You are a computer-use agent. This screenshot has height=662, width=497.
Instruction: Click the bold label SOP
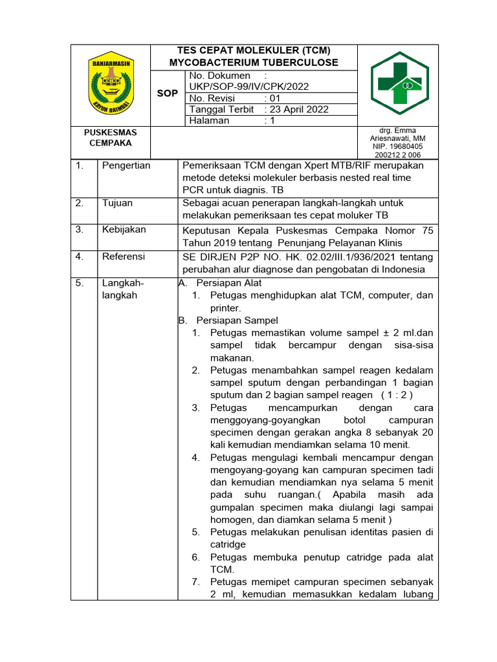click(168, 93)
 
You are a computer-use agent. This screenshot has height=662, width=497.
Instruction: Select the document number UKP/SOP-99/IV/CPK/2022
click(248, 86)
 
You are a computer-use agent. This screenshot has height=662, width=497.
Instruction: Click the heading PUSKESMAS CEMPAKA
click(111, 137)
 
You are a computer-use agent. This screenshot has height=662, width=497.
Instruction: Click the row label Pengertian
click(126, 165)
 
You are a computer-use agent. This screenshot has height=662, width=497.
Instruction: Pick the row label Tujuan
click(117, 203)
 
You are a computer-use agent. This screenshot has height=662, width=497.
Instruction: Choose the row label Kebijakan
click(124, 230)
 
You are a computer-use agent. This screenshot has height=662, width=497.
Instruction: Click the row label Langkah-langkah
click(123, 289)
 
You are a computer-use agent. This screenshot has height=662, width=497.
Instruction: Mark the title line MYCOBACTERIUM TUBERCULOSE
click(254, 63)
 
